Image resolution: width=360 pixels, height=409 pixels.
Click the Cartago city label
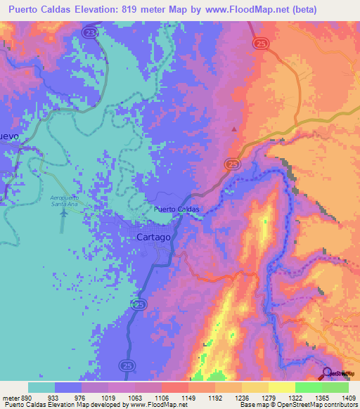pyautogui.click(x=152, y=238)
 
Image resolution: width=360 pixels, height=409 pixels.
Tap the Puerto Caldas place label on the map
pyautogui.click(x=176, y=209)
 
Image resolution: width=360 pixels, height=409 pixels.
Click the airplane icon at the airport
pyautogui.click(x=64, y=212)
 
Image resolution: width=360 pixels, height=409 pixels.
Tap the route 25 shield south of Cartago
pyautogui.click(x=139, y=304)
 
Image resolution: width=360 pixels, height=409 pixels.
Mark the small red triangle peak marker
pyautogui.click(x=234, y=129)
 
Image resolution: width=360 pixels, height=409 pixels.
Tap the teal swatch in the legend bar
pyautogui.click(x=41, y=387)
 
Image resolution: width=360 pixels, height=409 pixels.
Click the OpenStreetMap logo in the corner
pyautogui.click(x=341, y=373)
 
